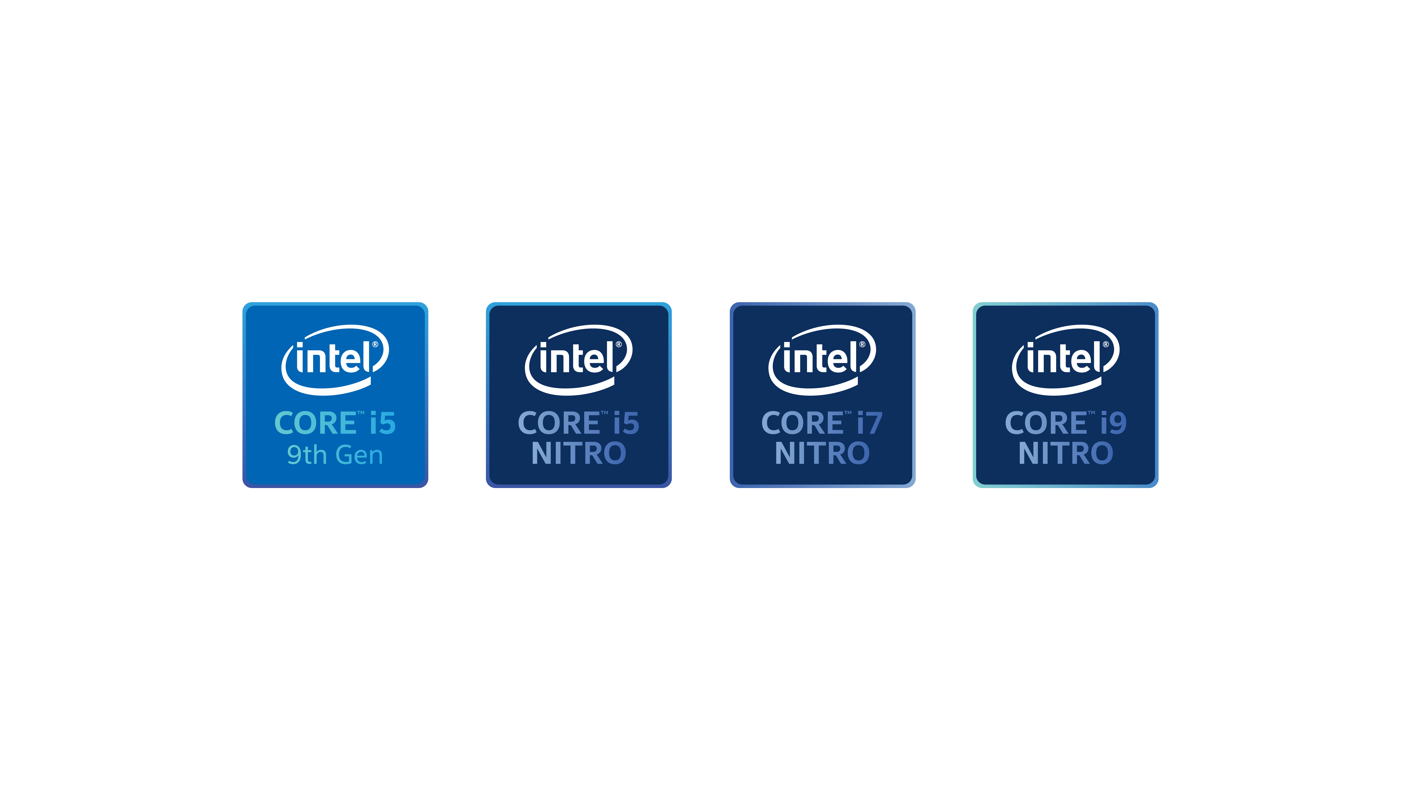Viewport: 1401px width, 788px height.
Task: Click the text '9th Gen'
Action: point(335,455)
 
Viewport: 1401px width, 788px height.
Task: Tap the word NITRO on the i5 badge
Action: point(579,453)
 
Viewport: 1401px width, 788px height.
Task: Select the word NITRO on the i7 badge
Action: point(822,453)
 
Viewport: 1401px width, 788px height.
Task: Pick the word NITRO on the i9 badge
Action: point(1066,453)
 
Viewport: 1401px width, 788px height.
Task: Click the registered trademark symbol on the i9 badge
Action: point(1106,344)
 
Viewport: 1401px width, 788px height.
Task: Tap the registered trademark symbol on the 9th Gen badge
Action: point(375,344)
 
